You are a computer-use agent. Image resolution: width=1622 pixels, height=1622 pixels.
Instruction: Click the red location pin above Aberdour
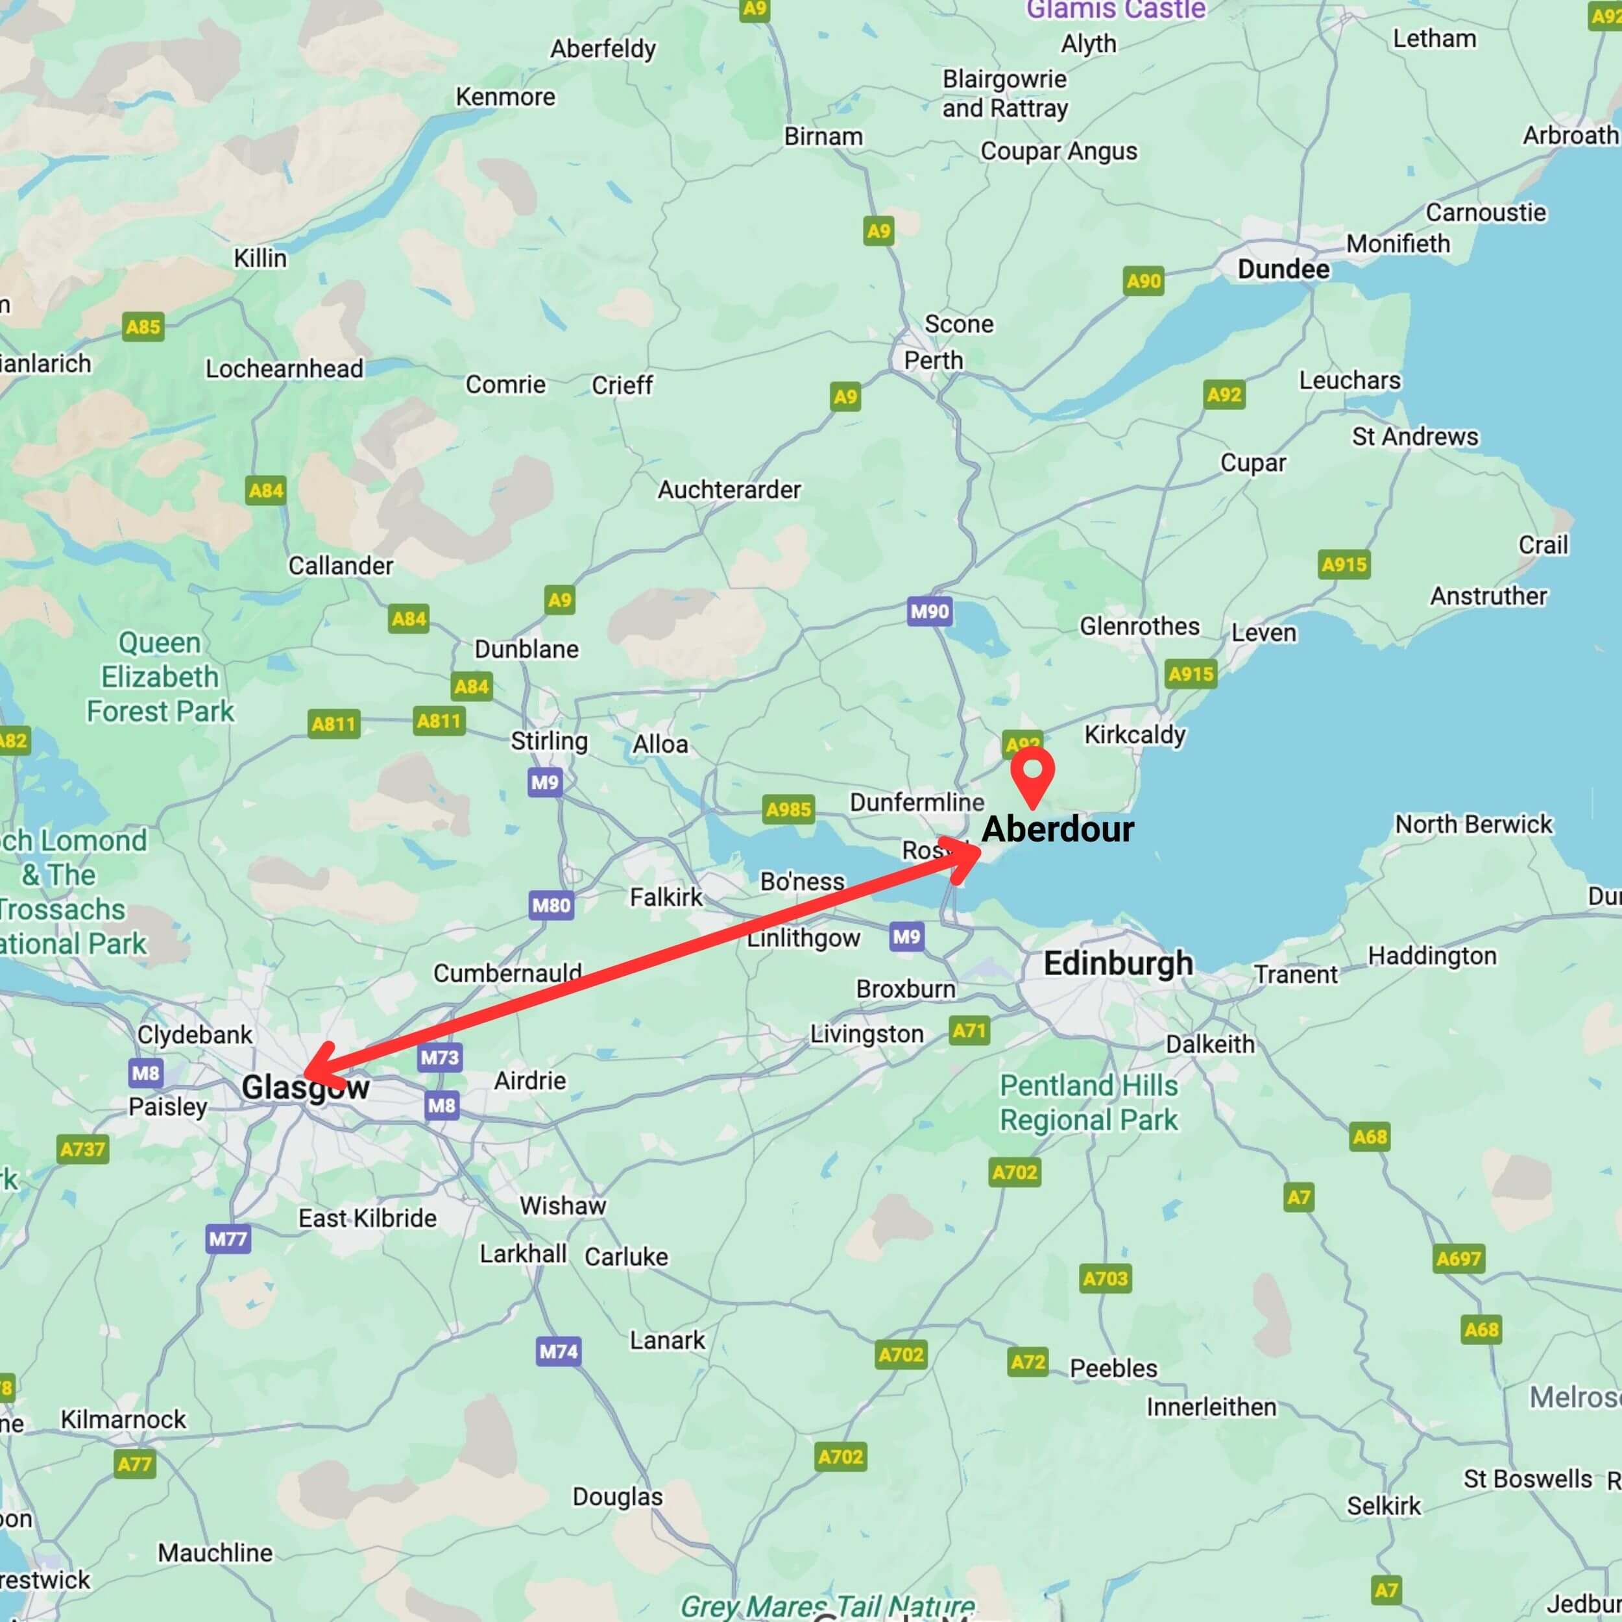[1033, 773]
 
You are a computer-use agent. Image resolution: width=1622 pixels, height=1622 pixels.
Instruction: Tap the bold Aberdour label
[1057, 829]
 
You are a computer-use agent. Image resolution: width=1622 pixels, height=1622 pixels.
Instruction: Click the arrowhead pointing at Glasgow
[315, 1065]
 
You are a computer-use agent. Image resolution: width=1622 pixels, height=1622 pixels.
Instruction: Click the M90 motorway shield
[929, 611]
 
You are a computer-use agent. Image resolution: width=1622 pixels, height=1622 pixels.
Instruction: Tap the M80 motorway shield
[551, 905]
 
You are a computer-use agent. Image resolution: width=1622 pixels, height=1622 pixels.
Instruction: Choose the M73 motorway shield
[440, 1057]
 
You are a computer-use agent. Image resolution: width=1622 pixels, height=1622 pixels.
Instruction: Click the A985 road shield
[788, 809]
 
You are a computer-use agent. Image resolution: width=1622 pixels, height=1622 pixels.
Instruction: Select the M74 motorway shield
[559, 1351]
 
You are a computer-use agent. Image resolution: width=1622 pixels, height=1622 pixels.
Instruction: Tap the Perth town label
[933, 360]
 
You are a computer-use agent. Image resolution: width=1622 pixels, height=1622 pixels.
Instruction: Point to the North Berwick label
[1473, 825]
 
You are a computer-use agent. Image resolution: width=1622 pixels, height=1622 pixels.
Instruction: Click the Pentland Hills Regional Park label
[1088, 1103]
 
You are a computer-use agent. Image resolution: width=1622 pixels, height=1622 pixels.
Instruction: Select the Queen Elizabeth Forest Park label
[160, 677]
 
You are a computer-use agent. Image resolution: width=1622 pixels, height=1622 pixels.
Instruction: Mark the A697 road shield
[1459, 1259]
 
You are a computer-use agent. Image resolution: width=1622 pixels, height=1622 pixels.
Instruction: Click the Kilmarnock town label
[123, 1420]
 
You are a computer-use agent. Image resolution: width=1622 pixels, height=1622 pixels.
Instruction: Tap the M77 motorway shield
[228, 1239]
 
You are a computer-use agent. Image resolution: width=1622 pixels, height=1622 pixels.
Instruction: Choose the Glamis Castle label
[1116, 10]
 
